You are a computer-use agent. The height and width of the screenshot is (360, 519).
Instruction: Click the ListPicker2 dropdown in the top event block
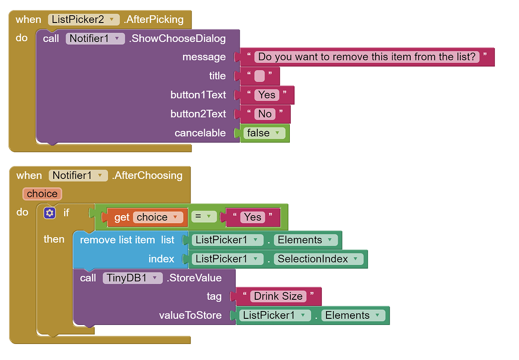click(84, 20)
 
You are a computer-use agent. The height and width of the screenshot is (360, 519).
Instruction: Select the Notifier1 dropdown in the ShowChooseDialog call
click(95, 38)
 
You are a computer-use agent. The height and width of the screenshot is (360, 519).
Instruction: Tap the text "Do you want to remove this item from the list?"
click(367, 57)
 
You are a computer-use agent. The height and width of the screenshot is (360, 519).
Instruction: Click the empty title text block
click(259, 76)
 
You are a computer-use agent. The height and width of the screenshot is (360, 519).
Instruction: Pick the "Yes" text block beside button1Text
click(267, 95)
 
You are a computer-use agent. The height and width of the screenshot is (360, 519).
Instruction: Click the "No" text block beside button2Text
click(265, 114)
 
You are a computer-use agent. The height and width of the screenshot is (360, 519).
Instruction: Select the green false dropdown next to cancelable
click(265, 133)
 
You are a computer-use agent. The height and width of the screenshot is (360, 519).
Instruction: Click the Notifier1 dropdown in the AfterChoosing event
click(78, 175)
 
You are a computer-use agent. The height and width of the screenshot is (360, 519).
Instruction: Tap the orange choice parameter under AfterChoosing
click(42, 194)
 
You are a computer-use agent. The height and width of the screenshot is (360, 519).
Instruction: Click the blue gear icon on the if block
click(49, 213)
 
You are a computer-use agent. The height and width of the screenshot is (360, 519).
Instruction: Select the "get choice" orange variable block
click(144, 217)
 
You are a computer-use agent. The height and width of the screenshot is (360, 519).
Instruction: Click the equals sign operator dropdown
click(203, 217)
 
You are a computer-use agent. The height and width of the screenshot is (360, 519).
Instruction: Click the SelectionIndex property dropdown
click(318, 259)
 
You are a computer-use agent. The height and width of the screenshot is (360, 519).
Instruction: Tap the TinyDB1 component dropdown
click(132, 278)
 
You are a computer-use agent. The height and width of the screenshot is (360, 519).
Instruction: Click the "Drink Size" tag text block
click(278, 296)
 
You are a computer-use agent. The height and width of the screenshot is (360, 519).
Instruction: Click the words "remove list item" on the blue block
click(117, 240)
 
